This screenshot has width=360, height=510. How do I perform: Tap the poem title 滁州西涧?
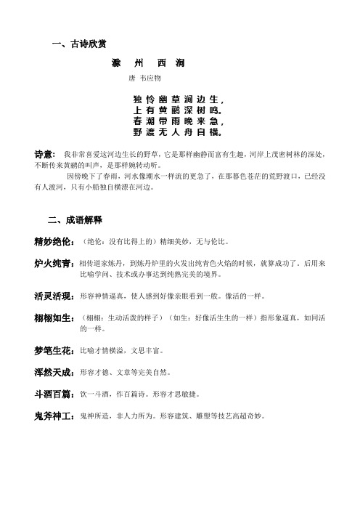tap(152, 64)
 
